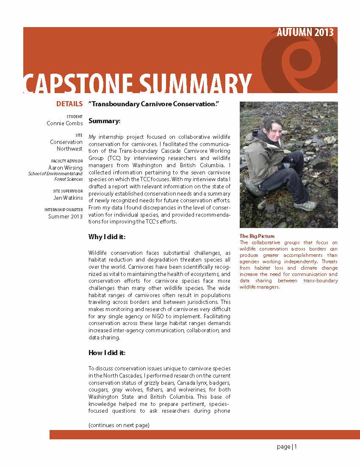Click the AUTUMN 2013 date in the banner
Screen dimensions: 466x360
(305, 33)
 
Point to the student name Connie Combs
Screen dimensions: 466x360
(65, 123)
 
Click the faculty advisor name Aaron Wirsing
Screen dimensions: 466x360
(65, 168)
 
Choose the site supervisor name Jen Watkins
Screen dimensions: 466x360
(68, 197)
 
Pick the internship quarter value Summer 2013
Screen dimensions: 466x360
(65, 216)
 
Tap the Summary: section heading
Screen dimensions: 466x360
(105, 121)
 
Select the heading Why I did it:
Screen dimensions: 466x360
(107, 236)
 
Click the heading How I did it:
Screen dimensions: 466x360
(107, 353)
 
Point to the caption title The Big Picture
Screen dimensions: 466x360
(257, 236)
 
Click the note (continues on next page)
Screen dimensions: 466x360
(119, 425)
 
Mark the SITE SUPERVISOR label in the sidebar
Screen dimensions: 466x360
(68, 191)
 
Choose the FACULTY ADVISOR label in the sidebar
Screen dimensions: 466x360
(67, 161)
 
